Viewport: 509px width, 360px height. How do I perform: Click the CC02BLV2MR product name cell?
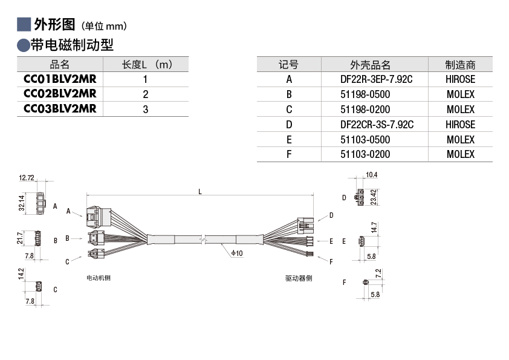point(60,94)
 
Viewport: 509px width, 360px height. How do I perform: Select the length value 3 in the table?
point(146,110)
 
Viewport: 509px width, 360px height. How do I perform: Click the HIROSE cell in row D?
point(460,125)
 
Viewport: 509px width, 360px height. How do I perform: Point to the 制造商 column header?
point(460,65)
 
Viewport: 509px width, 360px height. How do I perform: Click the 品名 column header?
point(60,65)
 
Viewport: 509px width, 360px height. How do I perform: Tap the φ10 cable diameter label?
point(236,253)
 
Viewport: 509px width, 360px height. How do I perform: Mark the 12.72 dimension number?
point(27,178)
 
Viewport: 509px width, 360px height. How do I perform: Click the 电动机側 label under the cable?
point(99,278)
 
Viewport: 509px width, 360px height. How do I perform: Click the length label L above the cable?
point(200,191)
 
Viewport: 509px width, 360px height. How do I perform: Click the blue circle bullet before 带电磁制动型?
point(24,45)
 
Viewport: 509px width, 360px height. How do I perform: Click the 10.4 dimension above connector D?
point(372,175)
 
